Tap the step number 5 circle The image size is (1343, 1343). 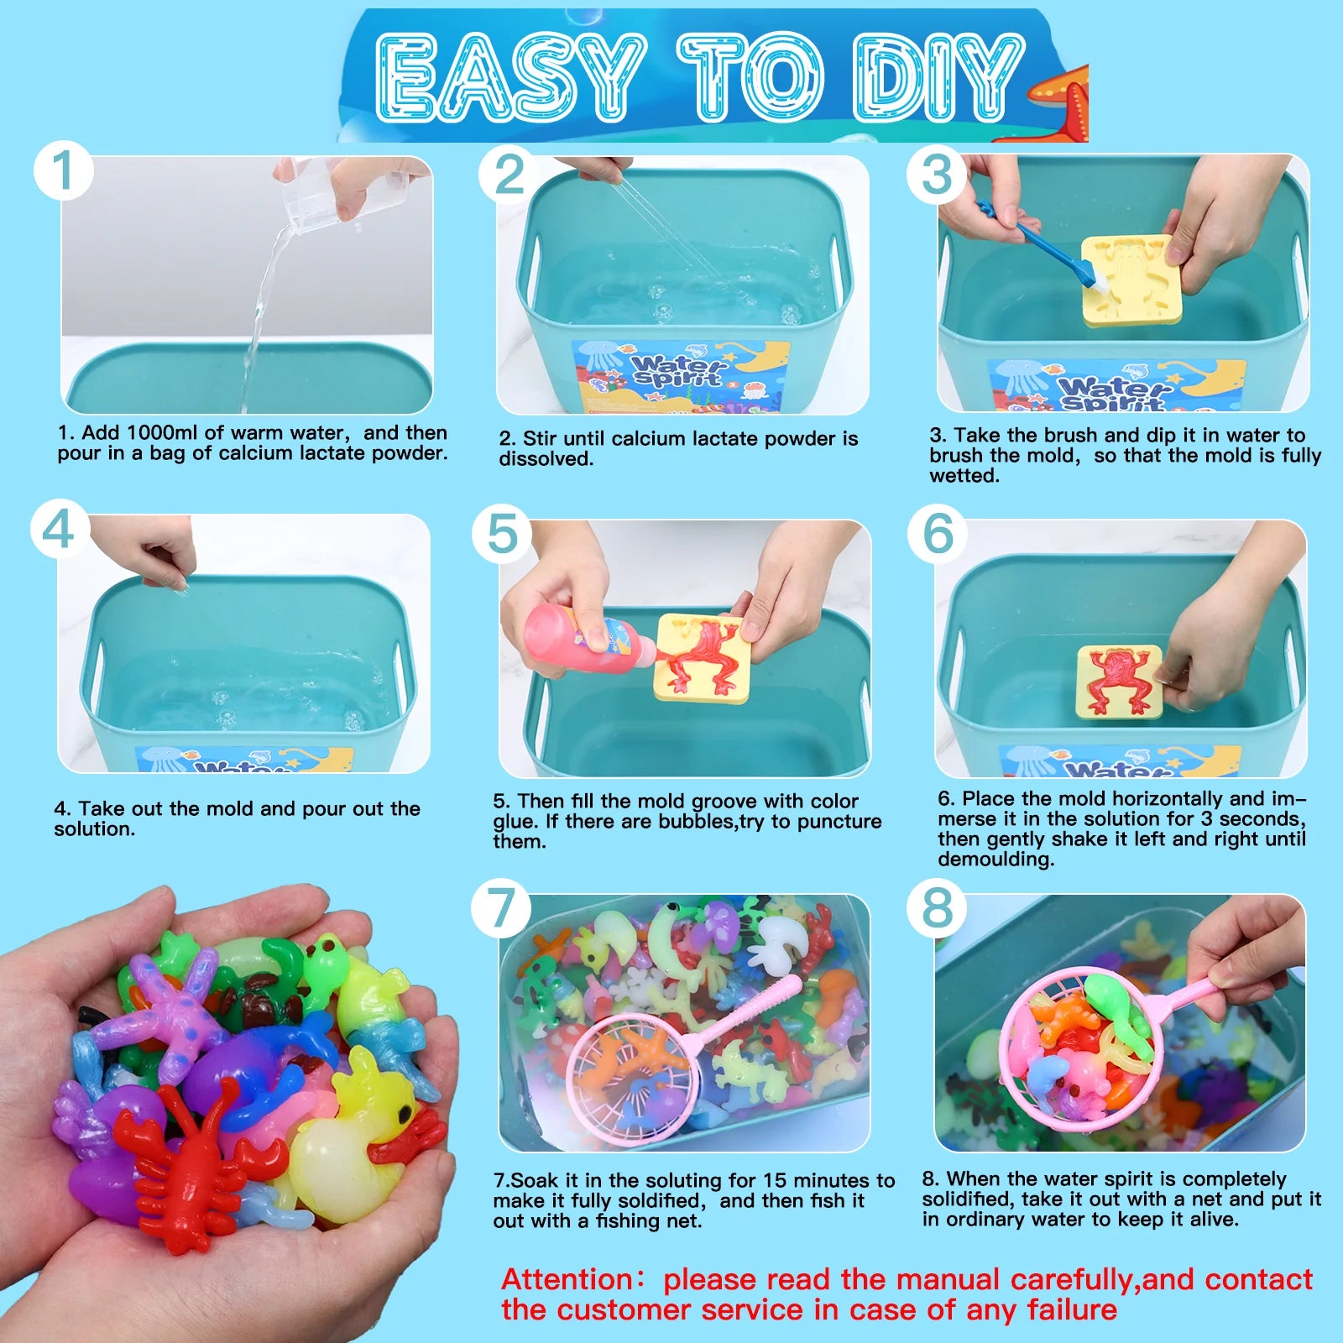pos(502,534)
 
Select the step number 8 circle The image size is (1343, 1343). pos(938,907)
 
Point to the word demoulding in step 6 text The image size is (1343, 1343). pos(995,859)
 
